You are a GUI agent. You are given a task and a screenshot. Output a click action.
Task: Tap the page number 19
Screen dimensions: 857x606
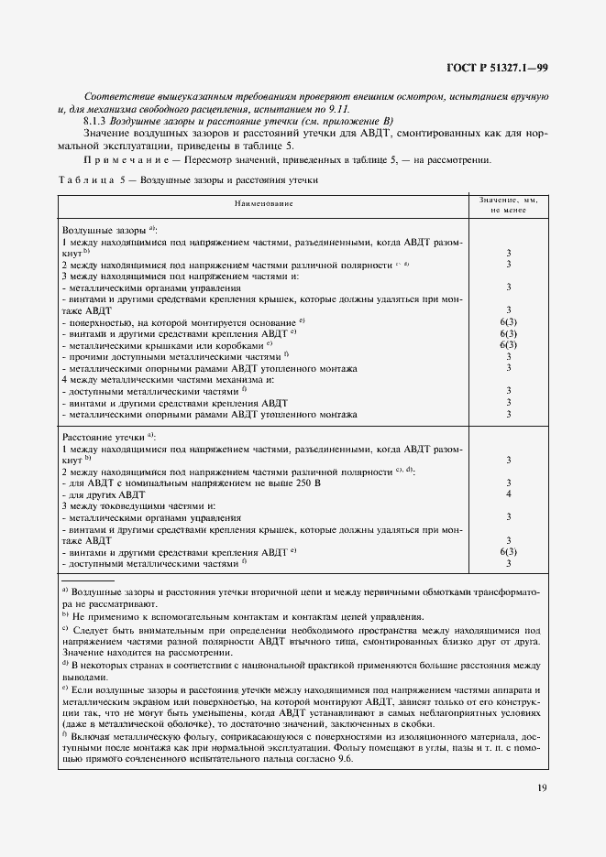click(540, 785)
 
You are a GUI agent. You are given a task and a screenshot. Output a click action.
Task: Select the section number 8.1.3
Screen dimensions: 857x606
click(98, 121)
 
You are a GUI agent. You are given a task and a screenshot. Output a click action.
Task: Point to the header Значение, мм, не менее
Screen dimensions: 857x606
click(507, 203)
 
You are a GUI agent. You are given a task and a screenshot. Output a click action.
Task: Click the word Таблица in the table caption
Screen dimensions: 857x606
click(85, 179)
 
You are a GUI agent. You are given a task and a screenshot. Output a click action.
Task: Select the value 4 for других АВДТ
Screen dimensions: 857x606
click(508, 494)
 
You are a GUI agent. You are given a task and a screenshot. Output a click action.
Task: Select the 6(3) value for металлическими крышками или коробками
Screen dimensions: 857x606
click(509, 345)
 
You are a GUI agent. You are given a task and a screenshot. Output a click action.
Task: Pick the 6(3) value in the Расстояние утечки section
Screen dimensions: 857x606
click(509, 552)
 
